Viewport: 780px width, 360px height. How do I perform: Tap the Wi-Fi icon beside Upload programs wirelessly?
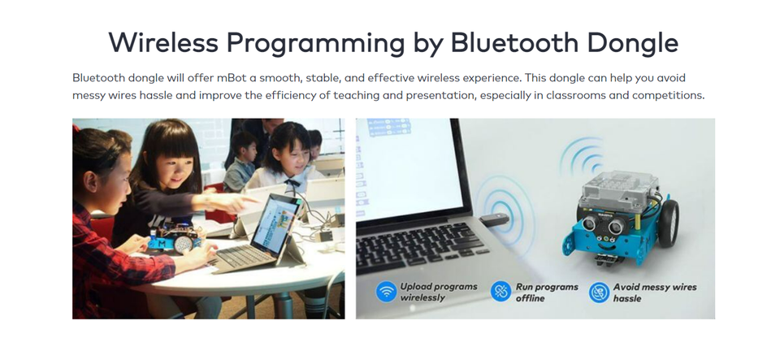[x=386, y=292]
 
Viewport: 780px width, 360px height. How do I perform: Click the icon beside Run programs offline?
[x=501, y=292]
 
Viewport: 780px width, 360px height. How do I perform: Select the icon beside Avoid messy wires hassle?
[x=599, y=292]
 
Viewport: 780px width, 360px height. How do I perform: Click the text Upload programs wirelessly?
[x=438, y=292]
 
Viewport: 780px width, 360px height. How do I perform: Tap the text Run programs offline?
[x=546, y=293]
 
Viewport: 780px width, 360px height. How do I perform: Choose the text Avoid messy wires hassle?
[x=655, y=293]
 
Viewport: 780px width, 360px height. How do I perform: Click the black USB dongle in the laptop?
[x=494, y=219]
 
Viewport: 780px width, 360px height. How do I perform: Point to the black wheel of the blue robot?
[x=669, y=219]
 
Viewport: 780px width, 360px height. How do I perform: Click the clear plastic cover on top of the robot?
[x=617, y=185]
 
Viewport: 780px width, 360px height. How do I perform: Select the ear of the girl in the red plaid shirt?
[x=90, y=181]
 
